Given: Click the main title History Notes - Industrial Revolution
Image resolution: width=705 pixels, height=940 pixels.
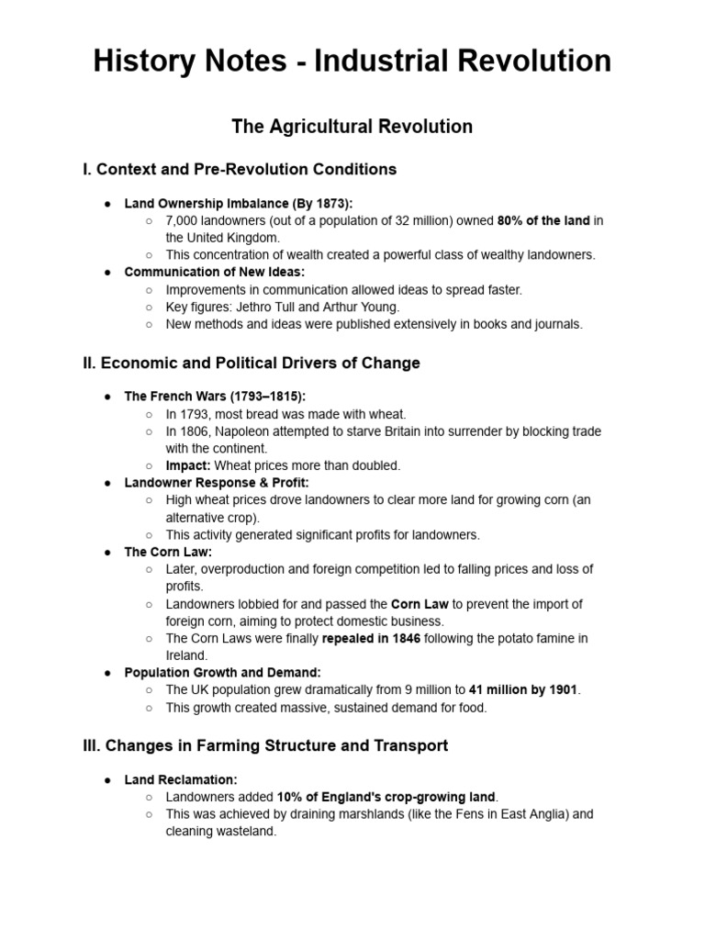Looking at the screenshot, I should [x=352, y=62].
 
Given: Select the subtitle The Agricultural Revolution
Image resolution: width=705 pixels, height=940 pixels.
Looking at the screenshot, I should [x=352, y=127].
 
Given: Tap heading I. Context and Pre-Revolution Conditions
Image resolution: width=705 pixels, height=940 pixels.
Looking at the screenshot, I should [x=240, y=170].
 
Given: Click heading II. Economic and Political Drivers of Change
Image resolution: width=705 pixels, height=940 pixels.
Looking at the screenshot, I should [x=252, y=363].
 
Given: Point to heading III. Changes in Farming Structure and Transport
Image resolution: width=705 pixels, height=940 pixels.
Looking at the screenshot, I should [x=265, y=745].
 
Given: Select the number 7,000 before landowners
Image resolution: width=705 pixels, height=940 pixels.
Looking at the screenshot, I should [x=182, y=221].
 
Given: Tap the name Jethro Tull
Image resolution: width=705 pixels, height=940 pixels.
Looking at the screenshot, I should [x=270, y=307].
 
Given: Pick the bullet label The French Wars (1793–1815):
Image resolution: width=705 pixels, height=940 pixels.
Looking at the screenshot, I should [x=215, y=397].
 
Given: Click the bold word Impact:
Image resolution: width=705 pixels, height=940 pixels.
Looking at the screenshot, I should [x=187, y=465].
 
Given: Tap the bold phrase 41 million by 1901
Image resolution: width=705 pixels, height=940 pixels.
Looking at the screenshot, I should [x=524, y=689].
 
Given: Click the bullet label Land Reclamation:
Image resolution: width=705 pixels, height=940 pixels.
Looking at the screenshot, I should [x=181, y=779].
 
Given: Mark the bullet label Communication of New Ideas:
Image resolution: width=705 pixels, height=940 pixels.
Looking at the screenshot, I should [x=215, y=273].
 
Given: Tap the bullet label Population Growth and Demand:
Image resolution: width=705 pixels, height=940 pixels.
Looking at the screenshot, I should [x=222, y=672].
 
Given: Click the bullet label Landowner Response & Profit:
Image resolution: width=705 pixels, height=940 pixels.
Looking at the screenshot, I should [x=217, y=483].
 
